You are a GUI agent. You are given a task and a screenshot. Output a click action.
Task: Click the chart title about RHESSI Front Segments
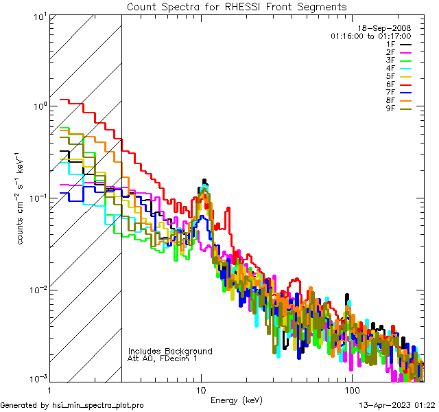point(237,7)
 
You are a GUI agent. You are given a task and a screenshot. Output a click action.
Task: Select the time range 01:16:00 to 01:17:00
point(370,36)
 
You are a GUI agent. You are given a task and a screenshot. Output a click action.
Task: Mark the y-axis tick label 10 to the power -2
point(37,289)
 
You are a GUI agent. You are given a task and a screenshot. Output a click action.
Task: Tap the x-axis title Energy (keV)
point(235,400)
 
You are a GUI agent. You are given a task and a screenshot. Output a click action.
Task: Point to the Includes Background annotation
point(170,351)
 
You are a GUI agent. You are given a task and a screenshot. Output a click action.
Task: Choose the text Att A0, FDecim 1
point(163,358)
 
